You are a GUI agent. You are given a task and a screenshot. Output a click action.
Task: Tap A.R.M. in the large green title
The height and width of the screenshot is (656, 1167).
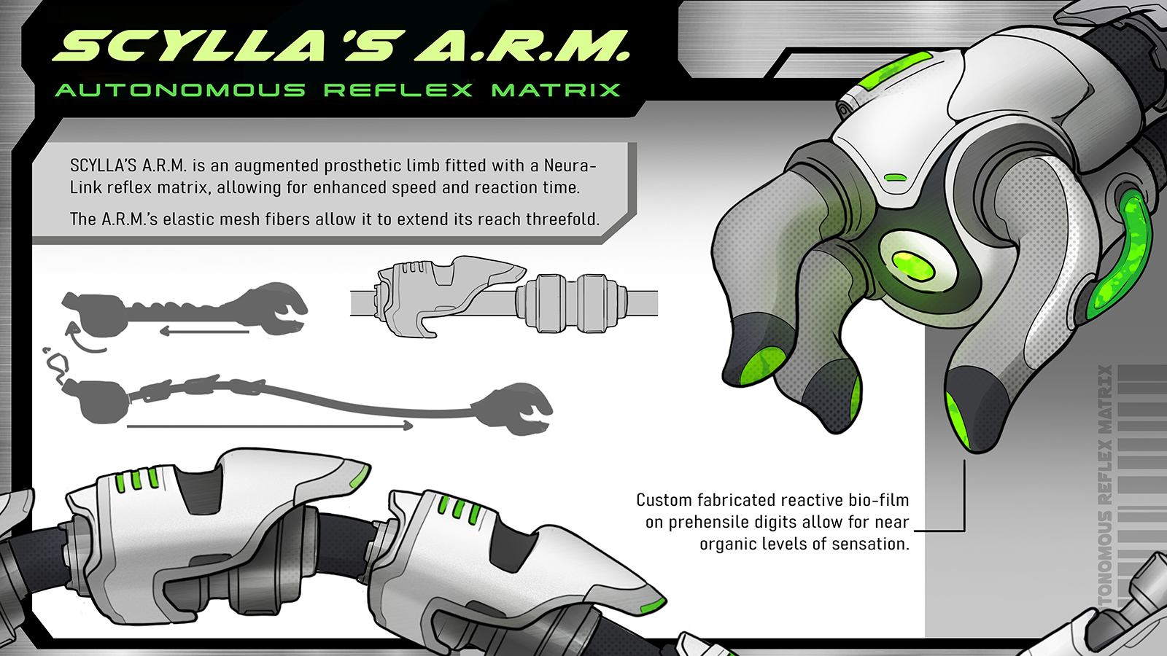point(522,47)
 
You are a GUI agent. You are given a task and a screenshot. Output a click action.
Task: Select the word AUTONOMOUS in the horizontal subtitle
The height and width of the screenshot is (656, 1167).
point(180,90)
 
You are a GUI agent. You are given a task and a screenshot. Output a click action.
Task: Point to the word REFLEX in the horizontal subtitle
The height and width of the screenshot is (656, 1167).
point(398,90)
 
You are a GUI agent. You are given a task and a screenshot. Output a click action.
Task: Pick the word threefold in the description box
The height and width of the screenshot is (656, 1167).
point(562,219)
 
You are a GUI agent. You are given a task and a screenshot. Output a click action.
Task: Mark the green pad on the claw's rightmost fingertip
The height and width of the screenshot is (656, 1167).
point(957,421)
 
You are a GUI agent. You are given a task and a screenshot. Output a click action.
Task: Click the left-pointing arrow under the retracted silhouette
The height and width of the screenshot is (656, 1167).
point(204,332)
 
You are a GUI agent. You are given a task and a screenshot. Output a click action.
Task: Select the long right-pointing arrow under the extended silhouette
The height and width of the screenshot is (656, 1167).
point(270,426)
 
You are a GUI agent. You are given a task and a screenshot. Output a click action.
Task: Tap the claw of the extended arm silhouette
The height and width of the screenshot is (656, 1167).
point(516,408)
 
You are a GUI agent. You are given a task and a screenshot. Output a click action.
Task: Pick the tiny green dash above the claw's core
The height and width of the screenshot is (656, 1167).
point(895,177)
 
